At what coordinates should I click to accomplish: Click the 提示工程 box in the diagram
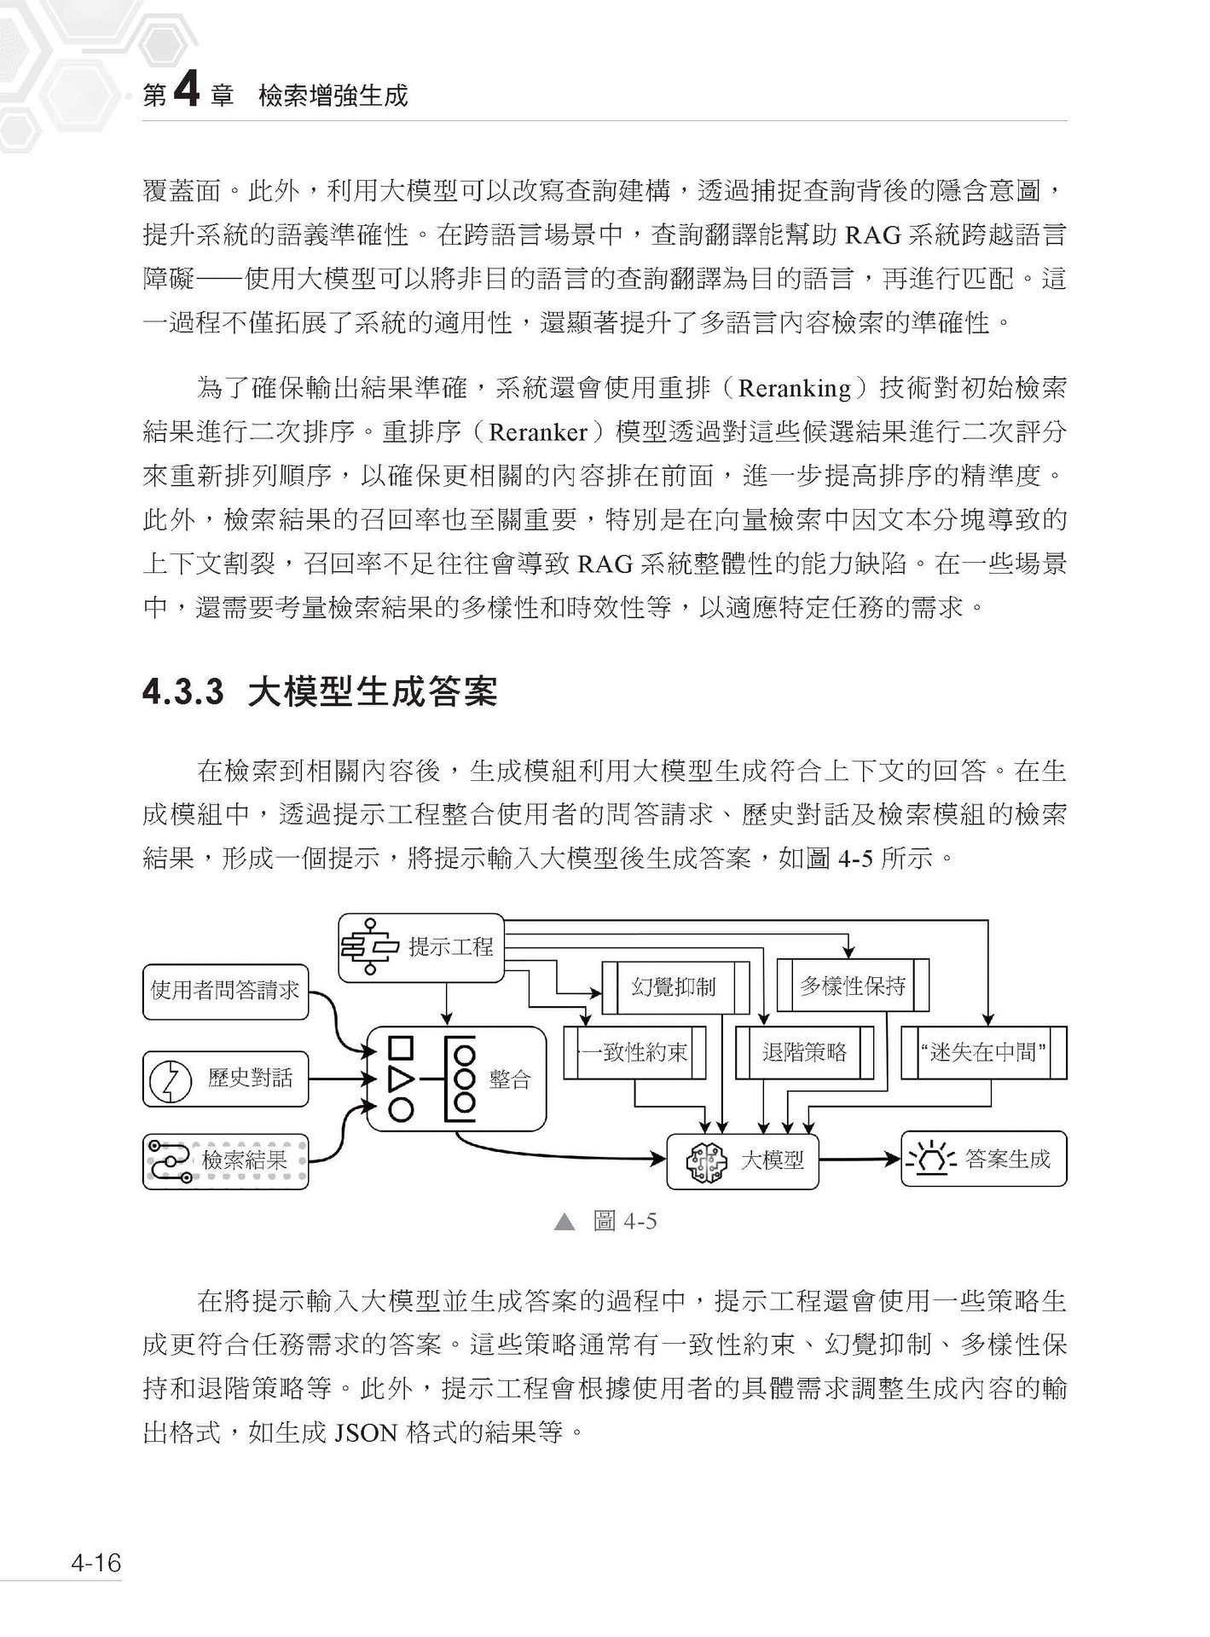click(x=422, y=947)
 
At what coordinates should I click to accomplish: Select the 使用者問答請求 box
click(x=225, y=991)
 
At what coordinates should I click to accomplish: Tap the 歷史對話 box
click(x=225, y=1079)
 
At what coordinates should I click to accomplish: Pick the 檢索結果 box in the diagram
click(x=225, y=1160)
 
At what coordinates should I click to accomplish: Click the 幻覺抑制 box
click(x=674, y=987)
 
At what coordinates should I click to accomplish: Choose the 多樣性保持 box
click(x=853, y=986)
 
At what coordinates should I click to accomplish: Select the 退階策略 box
click(x=804, y=1052)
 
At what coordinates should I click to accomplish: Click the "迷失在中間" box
click(x=984, y=1052)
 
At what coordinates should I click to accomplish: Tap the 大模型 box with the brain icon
click(x=743, y=1160)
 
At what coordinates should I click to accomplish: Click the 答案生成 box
click(x=984, y=1160)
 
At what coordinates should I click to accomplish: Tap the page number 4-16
click(x=96, y=1564)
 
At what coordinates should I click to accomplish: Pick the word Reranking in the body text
click(x=794, y=389)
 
